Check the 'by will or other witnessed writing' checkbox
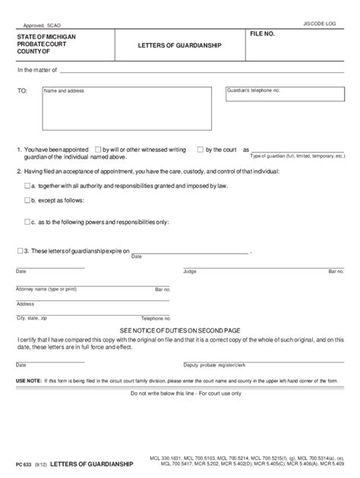tap(96, 149)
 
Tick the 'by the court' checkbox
tap(200, 149)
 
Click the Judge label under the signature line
tap(190, 271)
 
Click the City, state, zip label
tap(32, 318)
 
